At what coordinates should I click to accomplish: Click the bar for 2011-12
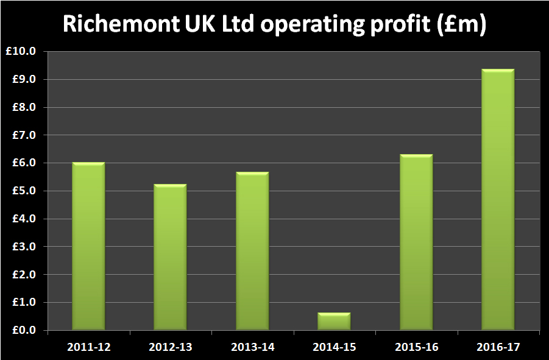(88, 246)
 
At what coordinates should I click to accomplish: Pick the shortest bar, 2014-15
(334, 322)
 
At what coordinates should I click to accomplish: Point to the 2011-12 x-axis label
(88, 347)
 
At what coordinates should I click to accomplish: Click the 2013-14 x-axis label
(252, 347)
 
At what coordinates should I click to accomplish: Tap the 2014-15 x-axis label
(334, 347)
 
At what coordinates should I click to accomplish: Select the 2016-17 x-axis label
(498, 347)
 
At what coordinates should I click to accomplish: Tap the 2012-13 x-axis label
(170, 347)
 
